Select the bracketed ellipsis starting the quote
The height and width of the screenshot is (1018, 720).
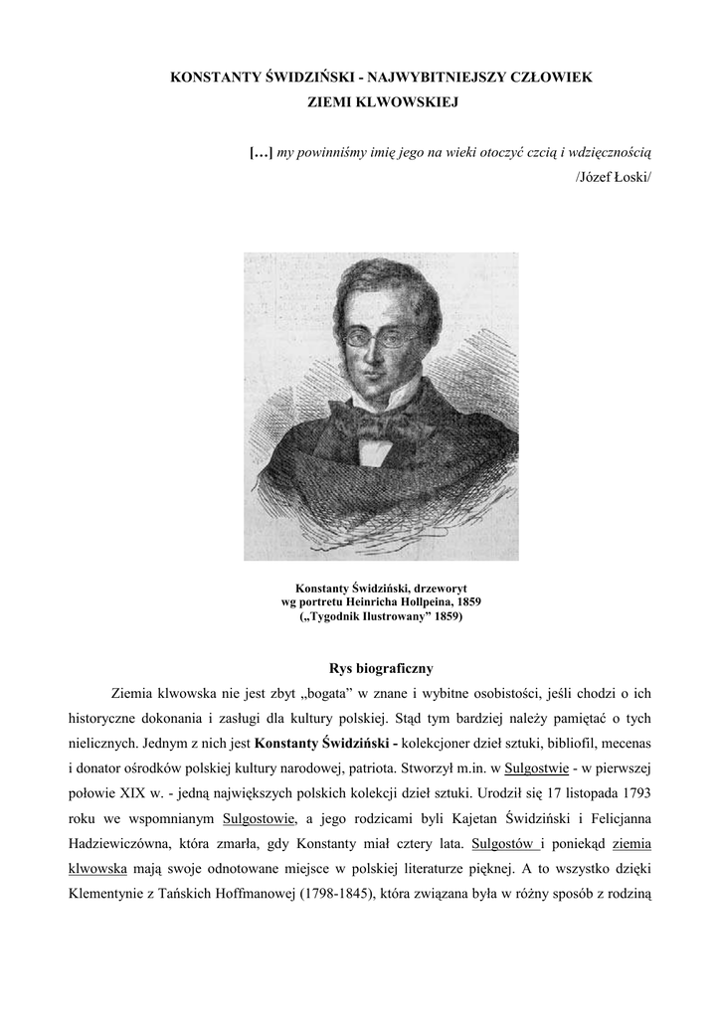tap(261, 152)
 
